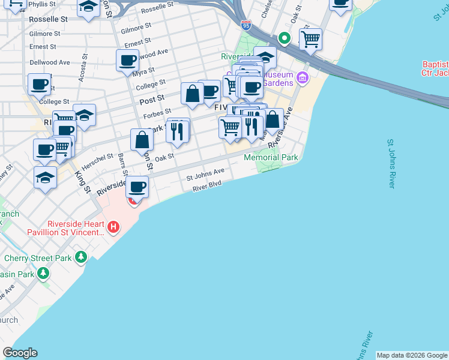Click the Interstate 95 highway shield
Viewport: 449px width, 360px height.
246,25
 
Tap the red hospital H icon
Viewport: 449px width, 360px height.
113,227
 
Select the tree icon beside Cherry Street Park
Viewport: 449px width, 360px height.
80,258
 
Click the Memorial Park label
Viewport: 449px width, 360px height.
271,157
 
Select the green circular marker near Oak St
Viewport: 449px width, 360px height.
286,40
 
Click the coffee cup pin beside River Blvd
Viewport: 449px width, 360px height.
137,187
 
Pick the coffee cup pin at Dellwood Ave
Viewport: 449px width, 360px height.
127,60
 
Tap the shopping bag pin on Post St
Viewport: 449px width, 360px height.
192,94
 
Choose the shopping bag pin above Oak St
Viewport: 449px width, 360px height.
142,140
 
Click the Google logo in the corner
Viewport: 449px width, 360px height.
20,353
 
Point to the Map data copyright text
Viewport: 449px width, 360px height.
411,355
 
